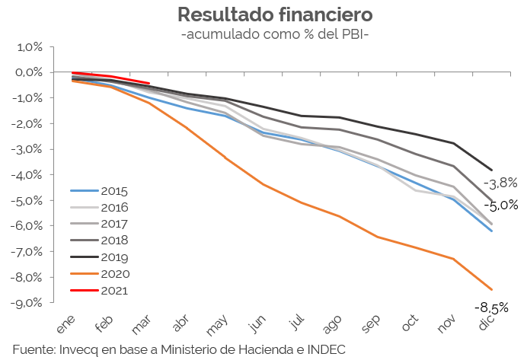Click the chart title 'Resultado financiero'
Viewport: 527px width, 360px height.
tap(263, 14)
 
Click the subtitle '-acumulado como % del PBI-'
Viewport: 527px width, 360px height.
tap(263, 34)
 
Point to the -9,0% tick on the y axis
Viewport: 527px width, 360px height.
tap(27, 302)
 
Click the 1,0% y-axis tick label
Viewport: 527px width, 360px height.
tap(29, 46)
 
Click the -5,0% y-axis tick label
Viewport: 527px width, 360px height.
tap(27, 200)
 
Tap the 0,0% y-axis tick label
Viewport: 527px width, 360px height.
tap(29, 72)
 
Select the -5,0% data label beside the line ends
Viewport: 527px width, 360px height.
tap(502, 205)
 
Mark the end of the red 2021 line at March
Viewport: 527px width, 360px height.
tap(149, 83)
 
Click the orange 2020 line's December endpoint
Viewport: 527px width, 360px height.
tap(491, 289)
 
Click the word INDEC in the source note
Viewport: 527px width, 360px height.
tap(327, 349)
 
